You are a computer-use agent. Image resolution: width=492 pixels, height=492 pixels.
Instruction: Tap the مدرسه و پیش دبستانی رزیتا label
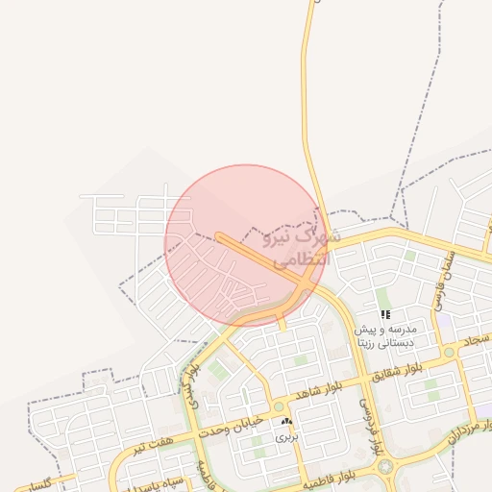click(385, 334)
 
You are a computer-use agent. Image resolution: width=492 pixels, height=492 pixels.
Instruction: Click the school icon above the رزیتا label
click(385, 314)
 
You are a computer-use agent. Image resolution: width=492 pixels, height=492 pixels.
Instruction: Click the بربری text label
click(286, 436)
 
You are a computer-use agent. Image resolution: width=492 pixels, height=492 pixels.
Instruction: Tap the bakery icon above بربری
click(286, 421)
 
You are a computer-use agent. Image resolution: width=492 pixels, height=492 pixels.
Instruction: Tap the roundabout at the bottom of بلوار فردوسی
click(387, 467)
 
